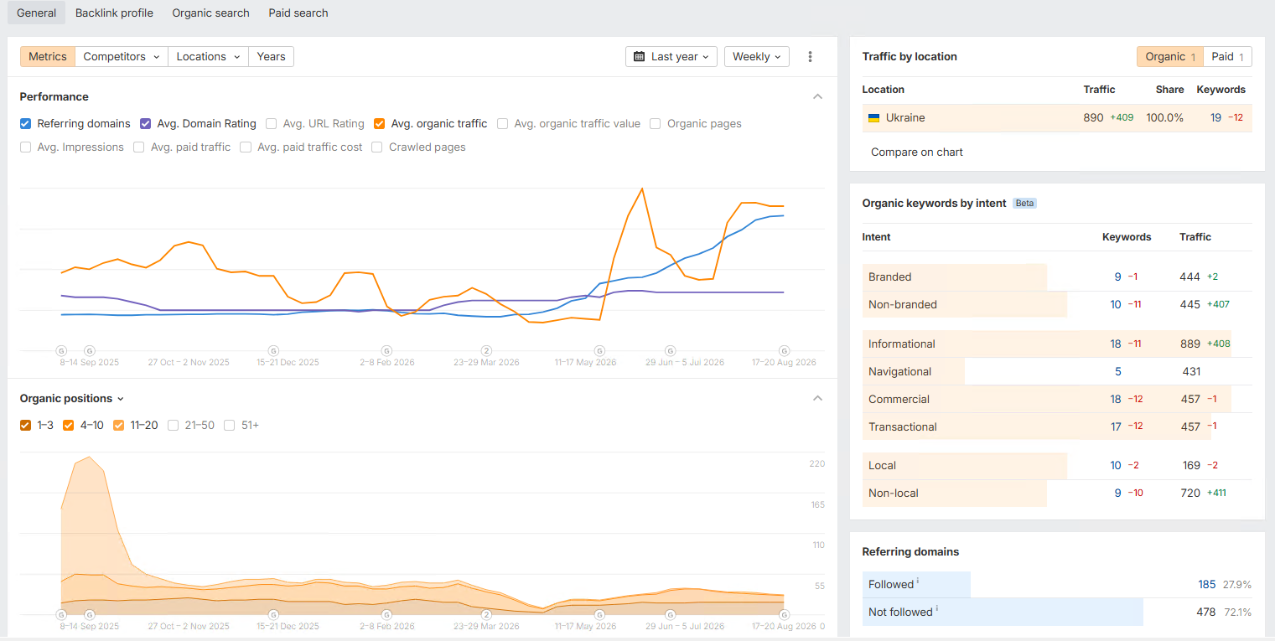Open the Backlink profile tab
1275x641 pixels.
114,13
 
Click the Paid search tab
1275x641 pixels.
298,13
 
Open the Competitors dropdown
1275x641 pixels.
122,56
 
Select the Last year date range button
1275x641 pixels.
671,56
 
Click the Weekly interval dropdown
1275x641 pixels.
756,56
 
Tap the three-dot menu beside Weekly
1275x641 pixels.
810,56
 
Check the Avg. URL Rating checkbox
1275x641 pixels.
272,123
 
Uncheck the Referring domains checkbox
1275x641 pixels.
26,123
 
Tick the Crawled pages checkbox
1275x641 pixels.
377,147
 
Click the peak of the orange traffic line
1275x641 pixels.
642,189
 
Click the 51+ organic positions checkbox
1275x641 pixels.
230,426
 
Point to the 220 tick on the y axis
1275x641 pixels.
816,463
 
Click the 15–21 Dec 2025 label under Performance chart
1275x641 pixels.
288,362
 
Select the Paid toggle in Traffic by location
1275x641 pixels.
1227,56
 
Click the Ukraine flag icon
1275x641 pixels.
873,118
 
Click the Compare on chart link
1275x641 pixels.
916,152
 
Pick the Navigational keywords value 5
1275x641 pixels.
1118,371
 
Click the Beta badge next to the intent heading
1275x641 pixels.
1024,203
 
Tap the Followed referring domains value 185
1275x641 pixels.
1207,584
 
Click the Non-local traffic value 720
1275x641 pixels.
1190,494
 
